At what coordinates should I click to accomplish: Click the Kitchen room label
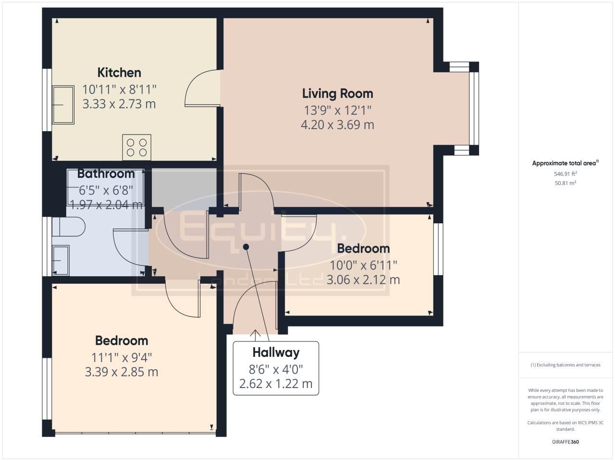(119, 73)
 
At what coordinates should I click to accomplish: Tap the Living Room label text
(337, 93)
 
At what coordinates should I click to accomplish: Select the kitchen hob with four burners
(136, 147)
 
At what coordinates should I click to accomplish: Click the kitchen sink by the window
(63, 105)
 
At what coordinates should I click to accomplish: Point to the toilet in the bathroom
(68, 227)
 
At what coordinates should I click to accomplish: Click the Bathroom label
(106, 173)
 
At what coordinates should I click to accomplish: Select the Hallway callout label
(276, 352)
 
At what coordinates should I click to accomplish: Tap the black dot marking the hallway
(246, 247)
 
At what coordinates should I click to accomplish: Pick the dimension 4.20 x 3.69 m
(337, 125)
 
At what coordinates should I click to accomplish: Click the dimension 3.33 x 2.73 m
(119, 104)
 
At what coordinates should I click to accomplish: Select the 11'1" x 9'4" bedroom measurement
(122, 357)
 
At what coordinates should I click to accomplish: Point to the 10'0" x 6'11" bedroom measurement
(363, 265)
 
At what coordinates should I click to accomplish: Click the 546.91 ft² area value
(565, 174)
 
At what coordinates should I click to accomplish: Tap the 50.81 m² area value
(565, 183)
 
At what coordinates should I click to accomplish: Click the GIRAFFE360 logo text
(565, 442)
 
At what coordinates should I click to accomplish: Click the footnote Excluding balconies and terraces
(565, 365)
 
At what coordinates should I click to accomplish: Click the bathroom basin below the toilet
(61, 260)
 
